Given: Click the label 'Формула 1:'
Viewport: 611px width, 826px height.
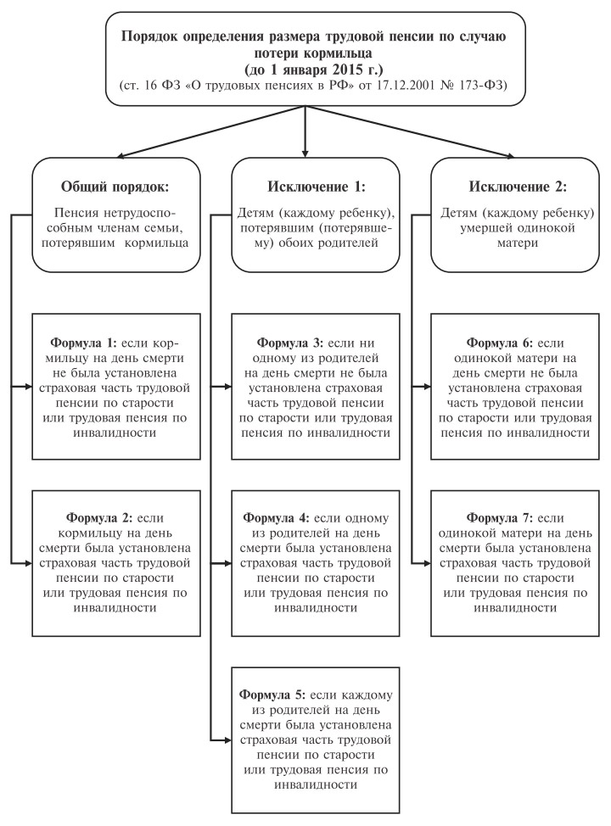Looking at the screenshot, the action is pyautogui.click(x=83, y=343).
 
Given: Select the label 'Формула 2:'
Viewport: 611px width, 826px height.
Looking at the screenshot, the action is pyautogui.click(x=99, y=518).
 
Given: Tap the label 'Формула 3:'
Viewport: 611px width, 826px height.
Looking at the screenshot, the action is pyautogui.click(x=289, y=343).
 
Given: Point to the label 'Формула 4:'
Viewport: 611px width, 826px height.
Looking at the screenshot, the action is pyautogui.click(x=277, y=518).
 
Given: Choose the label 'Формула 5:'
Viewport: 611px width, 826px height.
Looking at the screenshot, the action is pyautogui.click(x=272, y=695).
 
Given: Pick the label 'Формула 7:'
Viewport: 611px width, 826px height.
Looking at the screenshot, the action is pyautogui.click(x=500, y=518).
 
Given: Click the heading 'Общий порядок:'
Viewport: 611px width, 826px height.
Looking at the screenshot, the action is pyautogui.click(x=115, y=187).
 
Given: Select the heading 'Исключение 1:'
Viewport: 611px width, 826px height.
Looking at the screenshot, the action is pyautogui.click(x=317, y=187).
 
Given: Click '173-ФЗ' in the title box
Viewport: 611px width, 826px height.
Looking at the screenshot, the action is pyautogui.click(x=485, y=86).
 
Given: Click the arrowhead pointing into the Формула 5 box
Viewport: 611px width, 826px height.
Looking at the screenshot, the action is pyautogui.click(x=227, y=739).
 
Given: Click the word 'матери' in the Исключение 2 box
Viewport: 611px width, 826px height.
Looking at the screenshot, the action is pyautogui.click(x=518, y=244).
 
